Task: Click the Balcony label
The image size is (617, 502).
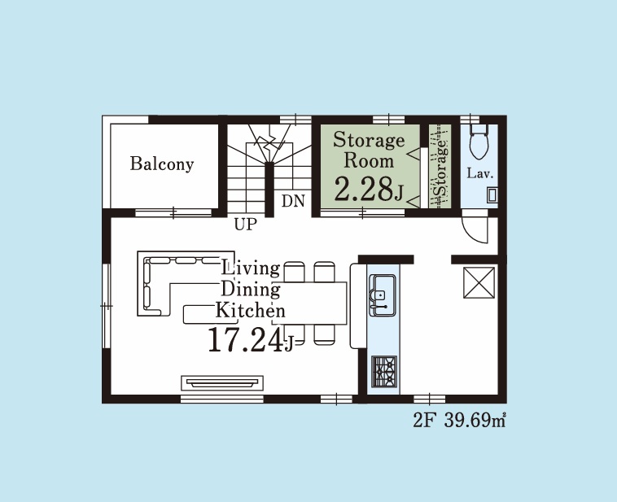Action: click(x=162, y=164)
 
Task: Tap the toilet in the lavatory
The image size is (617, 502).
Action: click(x=479, y=142)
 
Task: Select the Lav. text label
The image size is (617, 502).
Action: click(x=480, y=173)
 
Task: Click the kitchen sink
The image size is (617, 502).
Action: click(x=383, y=295)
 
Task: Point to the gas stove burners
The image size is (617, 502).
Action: click(x=384, y=371)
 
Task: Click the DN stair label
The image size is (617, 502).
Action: click(x=293, y=201)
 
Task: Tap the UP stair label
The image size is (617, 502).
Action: click(x=246, y=225)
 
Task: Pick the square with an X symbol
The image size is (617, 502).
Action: click(x=479, y=282)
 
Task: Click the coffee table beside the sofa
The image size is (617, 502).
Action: click(x=199, y=315)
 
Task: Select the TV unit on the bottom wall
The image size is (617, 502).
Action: click(x=222, y=383)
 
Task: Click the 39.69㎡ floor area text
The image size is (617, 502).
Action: click(x=475, y=421)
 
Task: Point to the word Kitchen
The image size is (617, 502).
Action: click(x=250, y=311)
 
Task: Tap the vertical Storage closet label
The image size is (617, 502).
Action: click(x=441, y=168)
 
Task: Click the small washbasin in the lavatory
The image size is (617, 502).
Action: click(x=492, y=195)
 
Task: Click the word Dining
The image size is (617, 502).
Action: click(x=251, y=290)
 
